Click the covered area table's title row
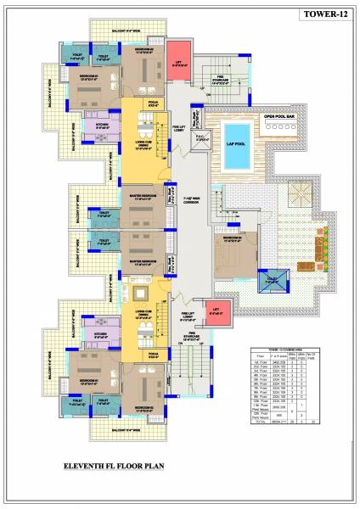coord(285,350)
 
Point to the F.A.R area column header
coord(279,357)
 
